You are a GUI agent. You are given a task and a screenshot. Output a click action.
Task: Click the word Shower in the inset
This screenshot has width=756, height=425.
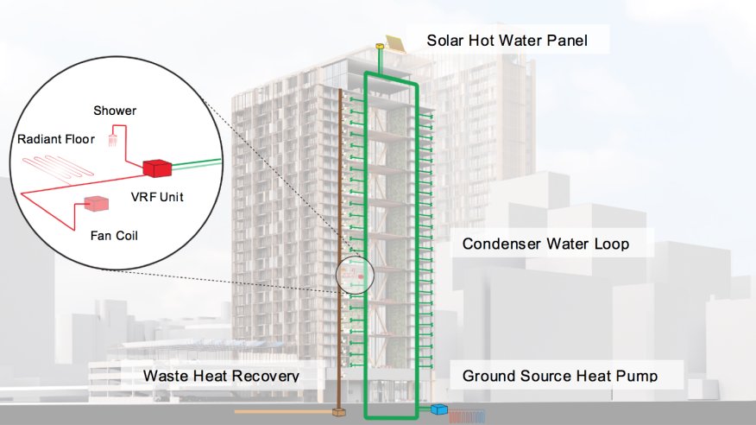tap(116, 110)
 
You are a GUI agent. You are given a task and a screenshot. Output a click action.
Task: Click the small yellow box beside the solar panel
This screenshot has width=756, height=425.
tap(380, 47)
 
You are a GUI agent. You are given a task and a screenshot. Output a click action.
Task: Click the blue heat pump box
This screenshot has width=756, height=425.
tap(439, 410)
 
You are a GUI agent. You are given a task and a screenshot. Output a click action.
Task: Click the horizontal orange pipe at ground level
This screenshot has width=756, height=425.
tap(285, 412)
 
